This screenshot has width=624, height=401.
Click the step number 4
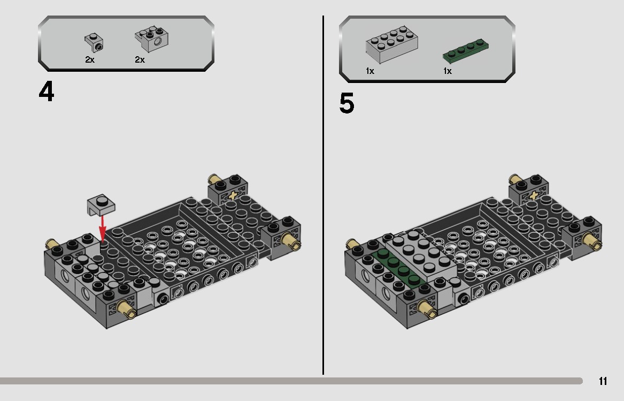(x=47, y=92)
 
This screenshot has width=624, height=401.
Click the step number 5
(x=346, y=103)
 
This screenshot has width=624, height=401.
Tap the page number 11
(x=603, y=381)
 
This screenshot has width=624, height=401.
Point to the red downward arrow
(x=102, y=228)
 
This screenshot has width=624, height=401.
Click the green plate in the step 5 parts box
(x=466, y=50)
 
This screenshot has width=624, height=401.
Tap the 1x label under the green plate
(x=447, y=71)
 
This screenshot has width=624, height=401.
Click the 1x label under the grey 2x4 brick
(x=370, y=71)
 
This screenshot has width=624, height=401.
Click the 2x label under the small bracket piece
(x=89, y=60)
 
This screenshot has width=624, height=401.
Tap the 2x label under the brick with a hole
(x=140, y=60)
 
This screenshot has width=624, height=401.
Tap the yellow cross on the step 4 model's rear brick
(x=233, y=195)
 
